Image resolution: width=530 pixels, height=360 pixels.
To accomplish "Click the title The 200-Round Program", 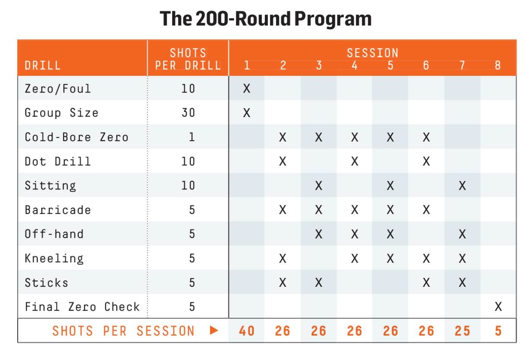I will tap(265, 19).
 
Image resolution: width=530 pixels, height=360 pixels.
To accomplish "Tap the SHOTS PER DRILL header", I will tap(189, 59).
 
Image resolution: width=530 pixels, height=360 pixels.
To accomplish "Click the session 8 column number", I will tap(498, 66).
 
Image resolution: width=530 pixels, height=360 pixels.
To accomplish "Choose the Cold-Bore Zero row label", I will tap(76, 137).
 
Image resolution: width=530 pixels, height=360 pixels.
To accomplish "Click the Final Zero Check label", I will tap(82, 307).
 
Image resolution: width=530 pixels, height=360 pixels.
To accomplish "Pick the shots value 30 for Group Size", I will tap(188, 113).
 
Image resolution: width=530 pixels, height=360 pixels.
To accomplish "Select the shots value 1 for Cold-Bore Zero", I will tap(192, 137).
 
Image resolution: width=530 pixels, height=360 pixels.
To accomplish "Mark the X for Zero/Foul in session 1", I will tap(247, 89).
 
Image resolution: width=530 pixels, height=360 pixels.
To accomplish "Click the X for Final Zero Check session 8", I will tap(498, 307).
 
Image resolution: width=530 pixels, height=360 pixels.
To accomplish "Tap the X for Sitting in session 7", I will tap(462, 186).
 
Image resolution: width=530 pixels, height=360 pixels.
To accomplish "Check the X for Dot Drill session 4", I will tap(354, 161).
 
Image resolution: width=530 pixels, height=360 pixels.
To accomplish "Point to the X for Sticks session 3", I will tap(319, 282).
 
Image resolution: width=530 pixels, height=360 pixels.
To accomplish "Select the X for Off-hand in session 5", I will tap(390, 234).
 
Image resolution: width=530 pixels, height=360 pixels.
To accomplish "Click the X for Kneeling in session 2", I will tap(282, 258).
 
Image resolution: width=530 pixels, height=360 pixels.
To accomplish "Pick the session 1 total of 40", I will tap(247, 331).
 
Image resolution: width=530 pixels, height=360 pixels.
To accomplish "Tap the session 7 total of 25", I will tap(462, 331).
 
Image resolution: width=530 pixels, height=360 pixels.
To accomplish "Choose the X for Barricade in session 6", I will tap(426, 210).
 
